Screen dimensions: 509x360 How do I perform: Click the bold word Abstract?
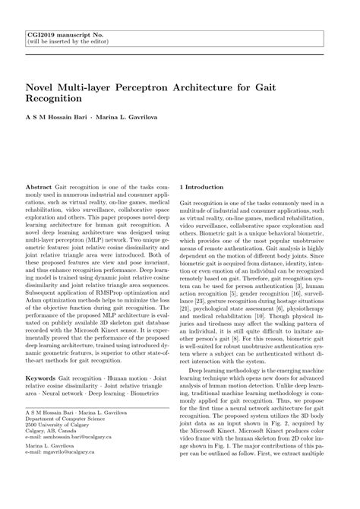click(x=39, y=186)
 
